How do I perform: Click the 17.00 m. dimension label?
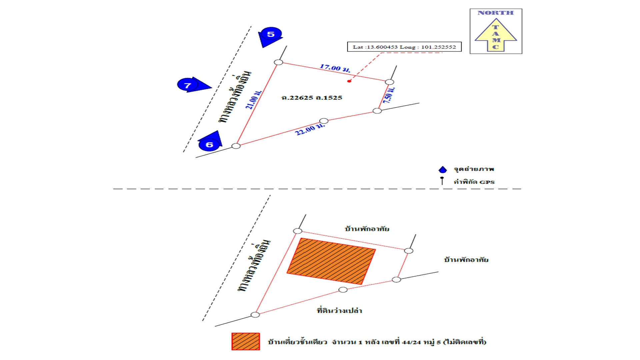335,68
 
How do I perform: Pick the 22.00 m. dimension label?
310,129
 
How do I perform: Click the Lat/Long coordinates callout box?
404,47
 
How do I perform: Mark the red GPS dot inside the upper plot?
349,81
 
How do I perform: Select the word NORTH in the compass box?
496,13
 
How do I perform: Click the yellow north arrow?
496,35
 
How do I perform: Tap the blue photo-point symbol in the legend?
443,170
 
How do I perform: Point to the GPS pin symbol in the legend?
442,181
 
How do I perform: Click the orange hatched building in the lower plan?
331,261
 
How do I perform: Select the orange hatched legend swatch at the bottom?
246,341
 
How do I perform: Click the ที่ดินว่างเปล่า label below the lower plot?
339,311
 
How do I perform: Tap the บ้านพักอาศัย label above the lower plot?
367,229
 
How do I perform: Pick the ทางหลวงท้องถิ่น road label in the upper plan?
235,97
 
